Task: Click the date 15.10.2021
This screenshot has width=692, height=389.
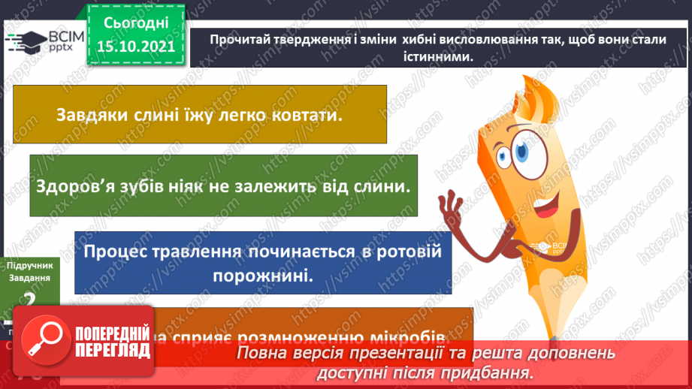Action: [x=134, y=47]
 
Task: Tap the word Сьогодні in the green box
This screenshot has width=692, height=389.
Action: [x=134, y=23]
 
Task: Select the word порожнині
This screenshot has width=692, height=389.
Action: [x=262, y=276]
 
